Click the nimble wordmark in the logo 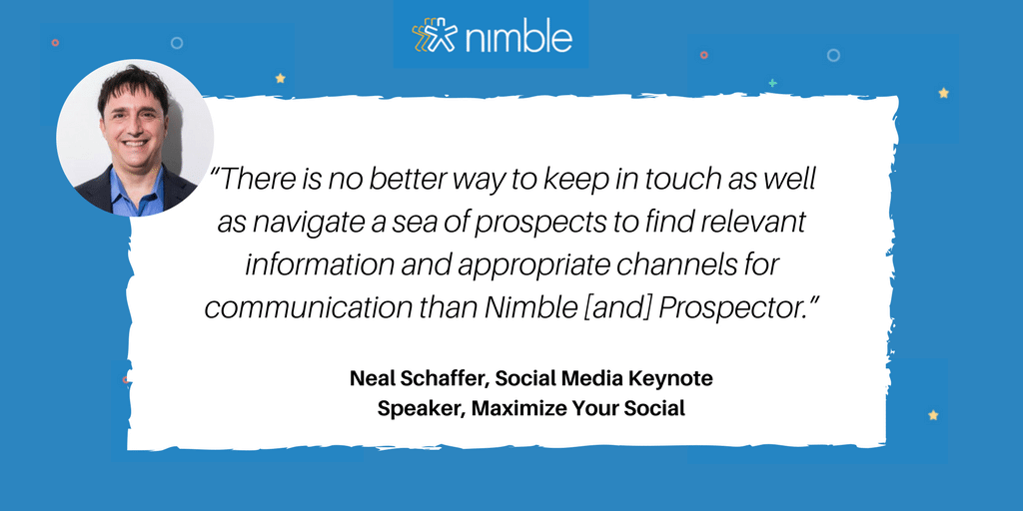519,37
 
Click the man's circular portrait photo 135,137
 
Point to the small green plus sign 772,83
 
